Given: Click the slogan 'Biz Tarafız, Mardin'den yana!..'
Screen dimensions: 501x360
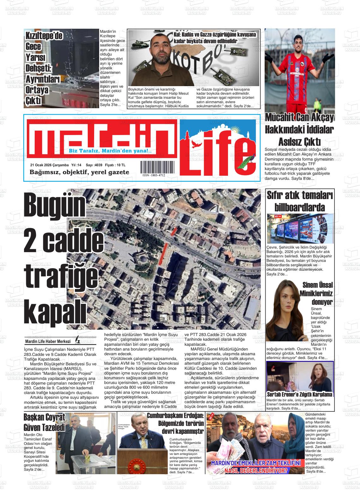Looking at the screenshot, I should coord(110,151).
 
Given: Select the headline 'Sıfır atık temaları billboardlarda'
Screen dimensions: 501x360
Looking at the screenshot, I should coord(300,202).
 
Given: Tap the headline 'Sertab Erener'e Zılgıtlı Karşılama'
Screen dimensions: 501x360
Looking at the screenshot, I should coord(299,395).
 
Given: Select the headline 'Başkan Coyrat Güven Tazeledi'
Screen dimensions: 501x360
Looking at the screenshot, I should coord(44,422).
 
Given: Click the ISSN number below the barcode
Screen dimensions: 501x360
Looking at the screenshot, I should coord(153,175).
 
